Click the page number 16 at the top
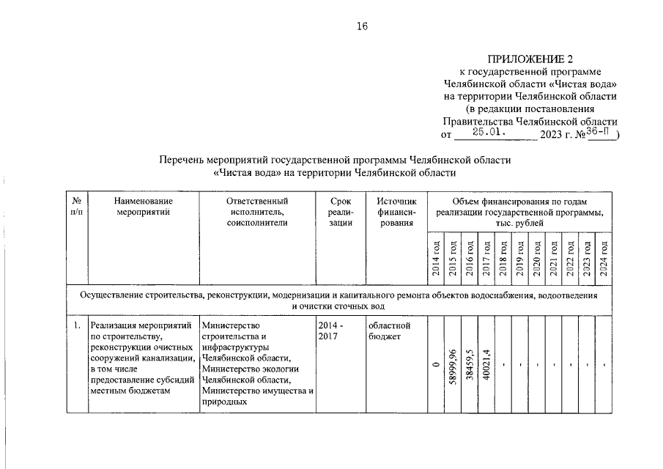coord(362,26)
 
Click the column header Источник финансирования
coord(396,212)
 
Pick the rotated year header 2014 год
coord(435,257)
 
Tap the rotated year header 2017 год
coord(486,257)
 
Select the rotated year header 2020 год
coord(536,257)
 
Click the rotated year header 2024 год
coord(604,257)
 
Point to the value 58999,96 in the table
coord(452,364)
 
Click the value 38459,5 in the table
coord(469,364)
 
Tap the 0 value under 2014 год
coord(435,364)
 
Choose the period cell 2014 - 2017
coord(332,330)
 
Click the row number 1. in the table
coord(76,324)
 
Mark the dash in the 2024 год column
coord(604,364)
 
